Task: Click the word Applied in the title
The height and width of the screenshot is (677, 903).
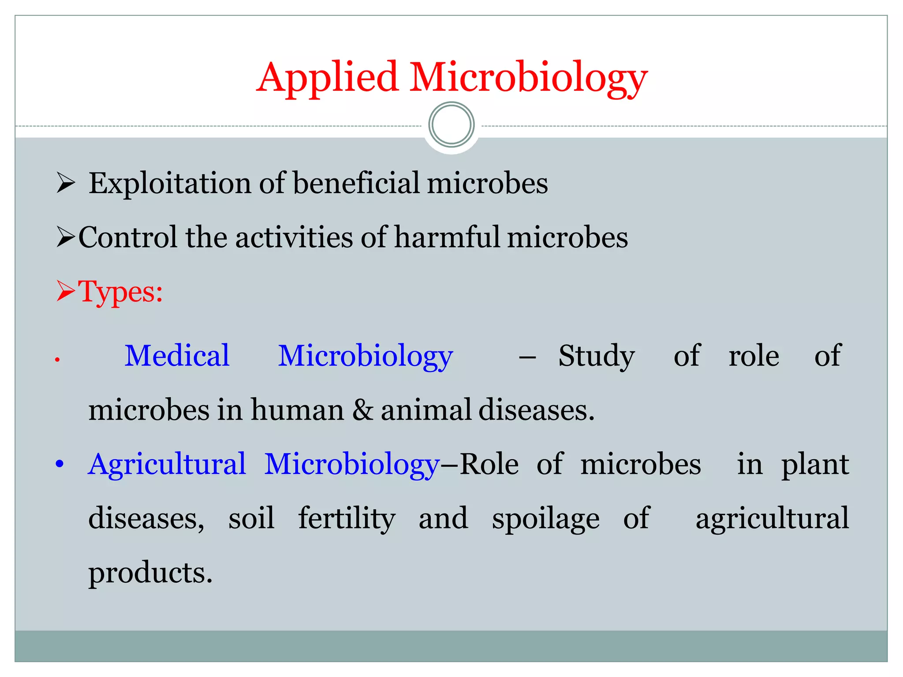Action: click(328, 78)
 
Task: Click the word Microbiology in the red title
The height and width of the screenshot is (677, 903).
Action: click(528, 78)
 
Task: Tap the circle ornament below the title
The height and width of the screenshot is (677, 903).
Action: click(451, 125)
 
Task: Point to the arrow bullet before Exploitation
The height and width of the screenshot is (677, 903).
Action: click(66, 183)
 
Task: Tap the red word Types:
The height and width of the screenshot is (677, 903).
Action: click(120, 292)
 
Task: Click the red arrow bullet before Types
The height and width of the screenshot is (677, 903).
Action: click(66, 292)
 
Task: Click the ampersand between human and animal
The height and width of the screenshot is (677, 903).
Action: click(362, 410)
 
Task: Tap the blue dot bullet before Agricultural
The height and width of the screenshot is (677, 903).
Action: click(60, 464)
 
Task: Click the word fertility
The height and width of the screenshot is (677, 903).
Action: click(347, 518)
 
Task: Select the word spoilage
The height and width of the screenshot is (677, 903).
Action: click(545, 518)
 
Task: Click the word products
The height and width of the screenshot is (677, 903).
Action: click(150, 573)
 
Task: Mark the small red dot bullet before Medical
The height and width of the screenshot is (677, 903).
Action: click(57, 360)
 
